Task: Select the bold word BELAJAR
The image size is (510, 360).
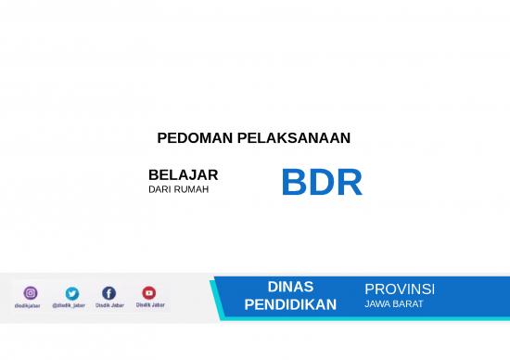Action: (x=183, y=174)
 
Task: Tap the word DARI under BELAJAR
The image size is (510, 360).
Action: (x=160, y=189)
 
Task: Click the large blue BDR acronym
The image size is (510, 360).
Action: (x=321, y=183)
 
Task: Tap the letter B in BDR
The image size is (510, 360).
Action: (x=294, y=183)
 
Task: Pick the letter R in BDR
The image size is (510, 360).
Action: (x=349, y=183)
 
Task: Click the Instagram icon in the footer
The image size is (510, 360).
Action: (x=31, y=293)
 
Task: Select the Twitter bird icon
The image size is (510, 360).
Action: (x=72, y=293)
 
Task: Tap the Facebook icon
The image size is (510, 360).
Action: (x=108, y=293)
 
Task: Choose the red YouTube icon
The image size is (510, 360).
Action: (x=148, y=293)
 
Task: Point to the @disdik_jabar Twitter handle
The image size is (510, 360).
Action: (x=70, y=305)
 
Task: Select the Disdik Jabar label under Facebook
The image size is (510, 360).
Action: (x=108, y=304)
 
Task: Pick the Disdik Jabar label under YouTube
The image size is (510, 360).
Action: (x=150, y=304)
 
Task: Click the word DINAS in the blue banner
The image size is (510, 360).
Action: (x=290, y=287)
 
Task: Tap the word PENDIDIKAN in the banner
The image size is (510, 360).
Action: (x=290, y=304)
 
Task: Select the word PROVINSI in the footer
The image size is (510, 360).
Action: (x=400, y=289)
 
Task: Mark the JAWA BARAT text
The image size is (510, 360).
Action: (x=394, y=303)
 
